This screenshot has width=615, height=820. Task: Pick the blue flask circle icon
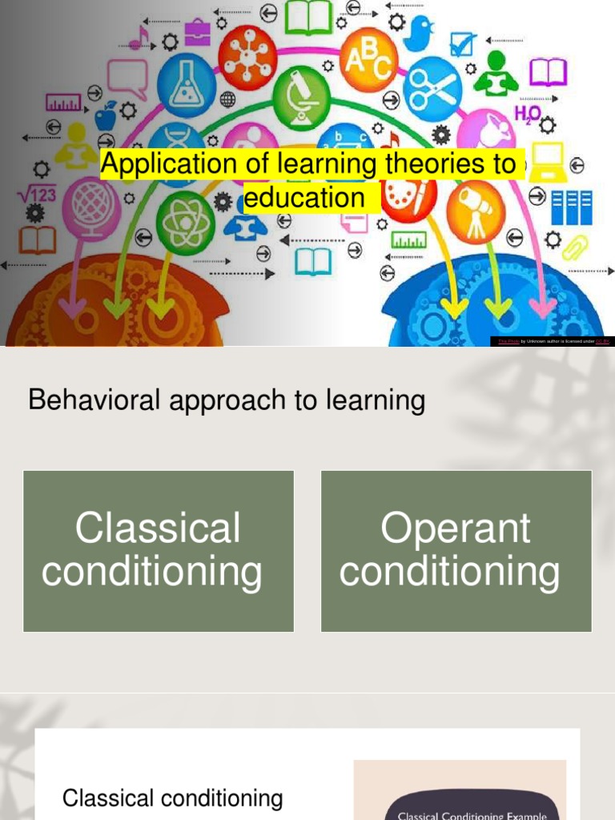pyautogui.click(x=186, y=85)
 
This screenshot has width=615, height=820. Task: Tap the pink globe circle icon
pyautogui.click(x=91, y=206)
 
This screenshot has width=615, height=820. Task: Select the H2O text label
pyautogui.click(x=528, y=115)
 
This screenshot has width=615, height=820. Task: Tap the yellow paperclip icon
pyautogui.click(x=574, y=247)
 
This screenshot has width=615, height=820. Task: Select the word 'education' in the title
pyautogui.click(x=303, y=197)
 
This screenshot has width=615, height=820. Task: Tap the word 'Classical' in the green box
pyautogui.click(x=158, y=529)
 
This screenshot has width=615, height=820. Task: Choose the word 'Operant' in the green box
pyautogui.click(x=456, y=529)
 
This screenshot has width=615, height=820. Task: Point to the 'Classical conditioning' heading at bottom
pyautogui.click(x=172, y=798)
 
